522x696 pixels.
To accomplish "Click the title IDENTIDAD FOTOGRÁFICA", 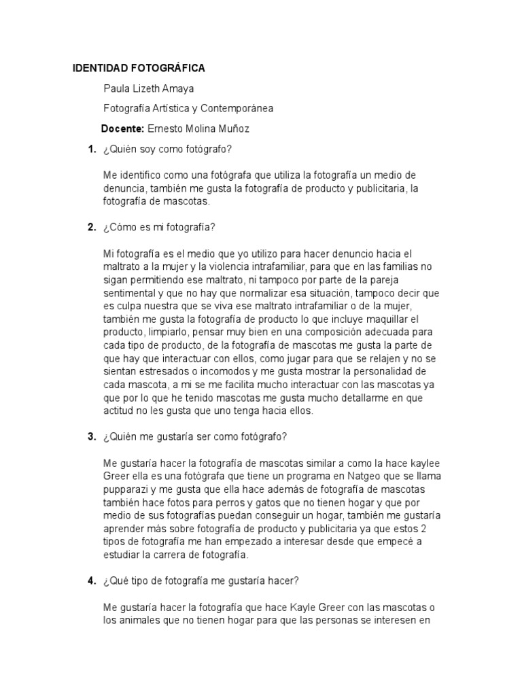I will coord(139,69).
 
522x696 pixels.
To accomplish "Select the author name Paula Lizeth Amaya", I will coord(153,88).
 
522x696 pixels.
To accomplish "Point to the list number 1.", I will coord(91,149).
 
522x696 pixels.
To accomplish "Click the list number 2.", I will coord(91,227).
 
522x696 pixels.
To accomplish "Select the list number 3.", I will coord(91,436).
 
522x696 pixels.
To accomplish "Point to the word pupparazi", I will coord(129,489).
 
